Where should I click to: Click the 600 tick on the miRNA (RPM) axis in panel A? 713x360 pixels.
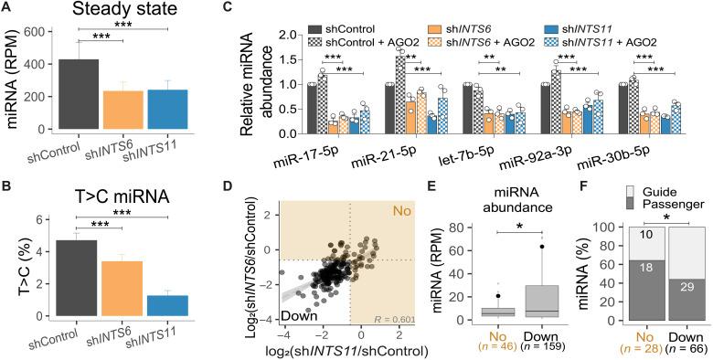coord(42,31)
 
